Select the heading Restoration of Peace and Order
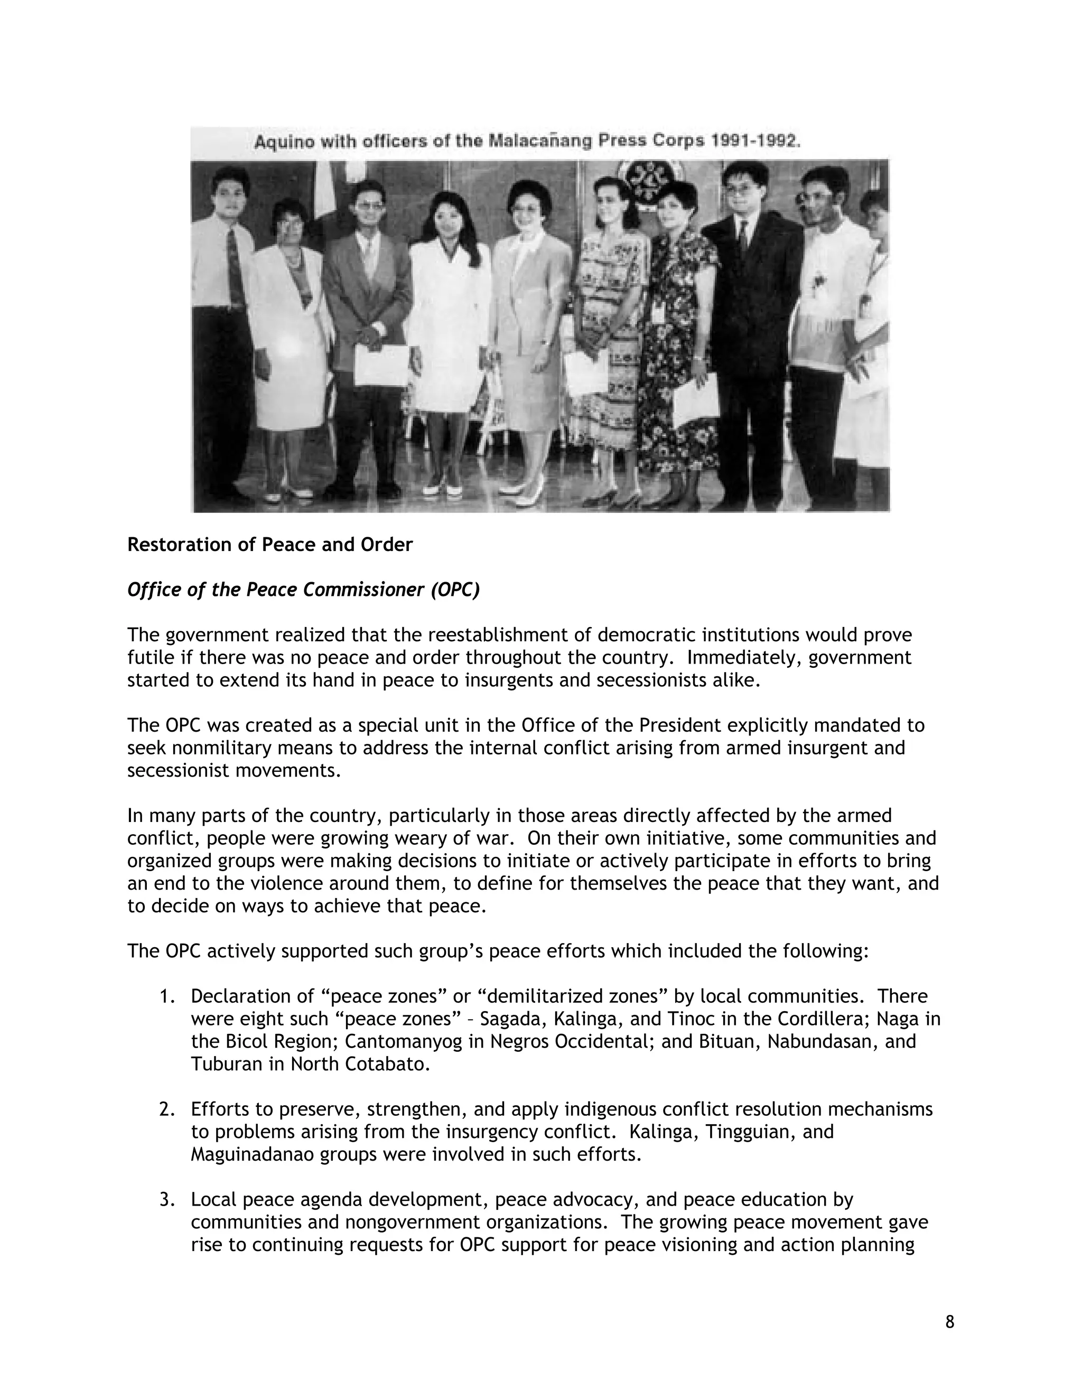pos(270,544)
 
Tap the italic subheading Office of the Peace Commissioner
pos(303,590)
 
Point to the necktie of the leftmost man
pos(235,269)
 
